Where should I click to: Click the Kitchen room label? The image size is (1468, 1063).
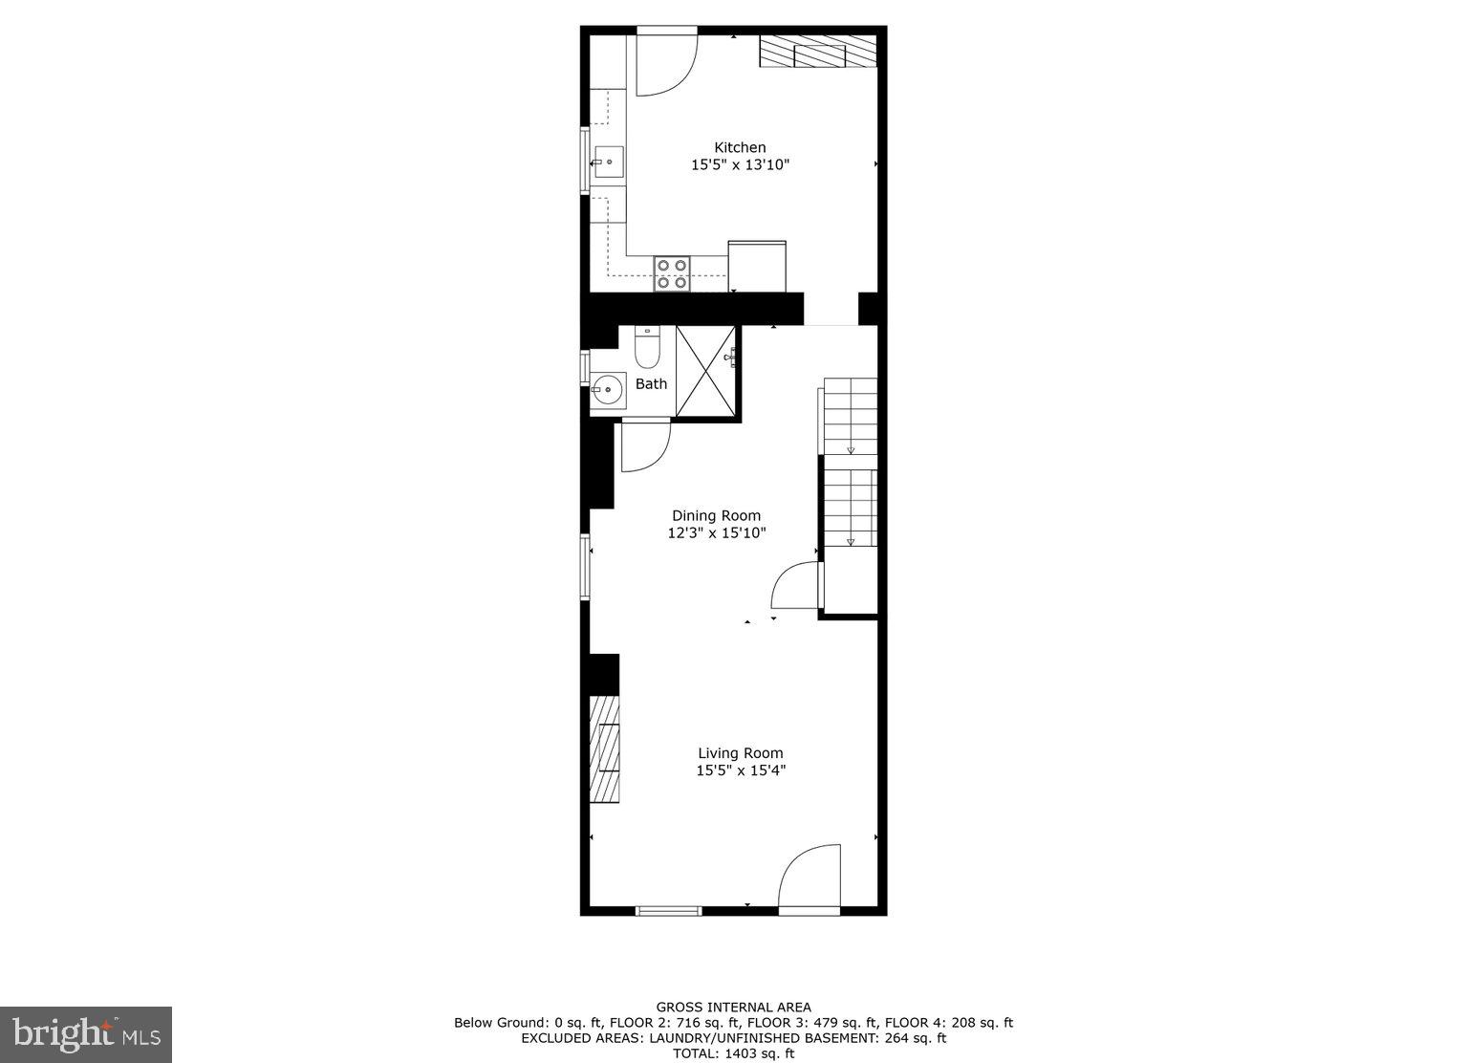tap(740, 147)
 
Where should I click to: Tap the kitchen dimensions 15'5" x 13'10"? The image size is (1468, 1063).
tap(740, 164)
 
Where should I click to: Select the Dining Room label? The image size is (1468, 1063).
tap(716, 515)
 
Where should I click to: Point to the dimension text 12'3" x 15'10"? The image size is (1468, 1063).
tap(716, 532)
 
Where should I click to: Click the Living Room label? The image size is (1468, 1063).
tap(740, 752)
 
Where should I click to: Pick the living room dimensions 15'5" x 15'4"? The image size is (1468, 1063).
tap(740, 770)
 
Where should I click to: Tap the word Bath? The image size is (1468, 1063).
tap(651, 383)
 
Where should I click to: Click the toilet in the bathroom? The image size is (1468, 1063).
tap(647, 349)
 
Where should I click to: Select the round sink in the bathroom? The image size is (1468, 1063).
tap(605, 389)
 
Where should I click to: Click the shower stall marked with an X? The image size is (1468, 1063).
tap(706, 371)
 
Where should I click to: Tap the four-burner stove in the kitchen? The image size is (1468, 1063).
tap(672, 273)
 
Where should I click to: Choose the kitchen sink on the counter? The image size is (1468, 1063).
tap(608, 163)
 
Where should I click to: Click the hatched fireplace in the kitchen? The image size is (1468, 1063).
tap(818, 52)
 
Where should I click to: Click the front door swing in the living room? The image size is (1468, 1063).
tap(810, 877)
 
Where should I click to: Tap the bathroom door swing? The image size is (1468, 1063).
tap(645, 446)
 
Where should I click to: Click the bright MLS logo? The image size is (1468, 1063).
tap(86, 1034)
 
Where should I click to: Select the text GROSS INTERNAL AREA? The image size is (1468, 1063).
tap(733, 1007)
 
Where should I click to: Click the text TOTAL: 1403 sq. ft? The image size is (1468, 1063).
tap(733, 1053)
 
